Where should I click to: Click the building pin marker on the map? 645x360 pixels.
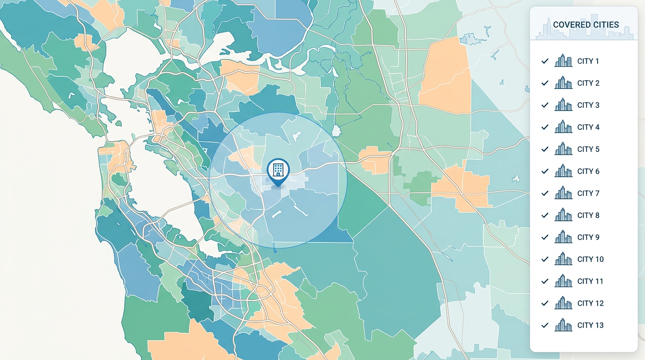tap(278, 170)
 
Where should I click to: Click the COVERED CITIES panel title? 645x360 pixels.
tap(585, 25)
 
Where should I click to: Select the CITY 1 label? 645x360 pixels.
tap(588, 61)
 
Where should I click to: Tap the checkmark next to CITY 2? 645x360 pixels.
tap(545, 83)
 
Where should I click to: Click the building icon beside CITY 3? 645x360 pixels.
tap(563, 105)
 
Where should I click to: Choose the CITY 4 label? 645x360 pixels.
tap(588, 127)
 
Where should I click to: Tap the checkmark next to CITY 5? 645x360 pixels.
tap(545, 149)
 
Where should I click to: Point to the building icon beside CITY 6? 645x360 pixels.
tap(563, 171)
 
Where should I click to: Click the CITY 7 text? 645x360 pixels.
tap(588, 194)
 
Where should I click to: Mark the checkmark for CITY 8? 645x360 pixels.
tap(545, 215)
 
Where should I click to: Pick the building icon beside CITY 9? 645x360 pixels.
tap(563, 237)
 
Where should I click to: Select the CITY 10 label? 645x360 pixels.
tap(590, 260)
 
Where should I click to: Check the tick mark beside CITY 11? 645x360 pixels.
tap(545, 281)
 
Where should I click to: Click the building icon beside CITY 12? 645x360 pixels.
tap(563, 303)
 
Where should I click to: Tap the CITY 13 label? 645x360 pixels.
tap(590, 326)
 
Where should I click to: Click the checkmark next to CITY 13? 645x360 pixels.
tap(545, 325)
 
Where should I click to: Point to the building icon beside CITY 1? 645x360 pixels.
tap(563, 61)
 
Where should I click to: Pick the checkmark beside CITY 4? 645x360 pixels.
tap(545, 127)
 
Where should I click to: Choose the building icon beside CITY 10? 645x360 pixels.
tap(563, 259)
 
